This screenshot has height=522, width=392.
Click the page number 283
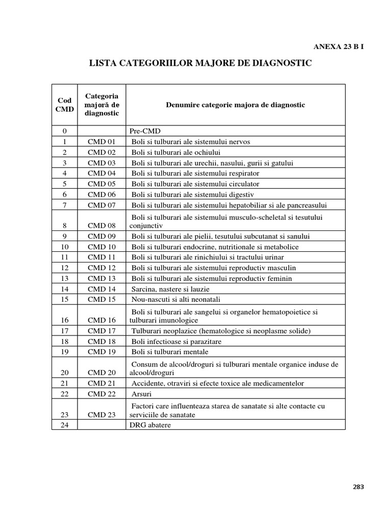pyautogui.click(x=358, y=486)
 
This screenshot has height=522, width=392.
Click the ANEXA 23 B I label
pyautogui.click(x=338, y=46)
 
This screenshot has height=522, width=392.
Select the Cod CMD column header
pyautogui.click(x=65, y=105)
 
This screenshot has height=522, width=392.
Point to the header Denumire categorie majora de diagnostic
pyautogui.click(x=235, y=105)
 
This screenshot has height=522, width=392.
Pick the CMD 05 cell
pyautogui.click(x=102, y=184)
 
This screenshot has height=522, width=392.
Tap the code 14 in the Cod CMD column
pyautogui.click(x=65, y=289)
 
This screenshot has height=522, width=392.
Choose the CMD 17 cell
pyautogui.click(x=102, y=331)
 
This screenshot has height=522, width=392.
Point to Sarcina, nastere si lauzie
pyautogui.click(x=170, y=289)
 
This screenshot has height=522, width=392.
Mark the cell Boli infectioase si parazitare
pyautogui.click(x=177, y=342)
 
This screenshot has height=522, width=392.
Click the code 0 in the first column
pyautogui.click(x=65, y=130)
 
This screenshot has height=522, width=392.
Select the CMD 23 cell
pyautogui.click(x=102, y=414)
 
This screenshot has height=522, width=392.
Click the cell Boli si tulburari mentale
pyautogui.click(x=170, y=352)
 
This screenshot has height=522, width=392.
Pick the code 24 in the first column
pyautogui.click(x=65, y=424)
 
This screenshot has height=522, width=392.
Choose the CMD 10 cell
pyautogui.click(x=102, y=247)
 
